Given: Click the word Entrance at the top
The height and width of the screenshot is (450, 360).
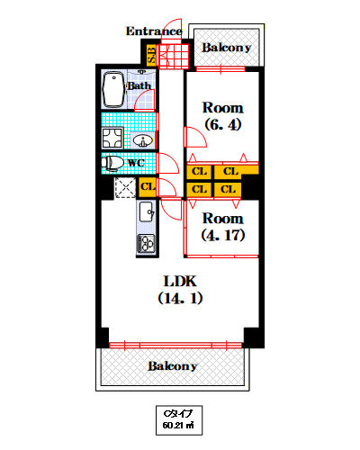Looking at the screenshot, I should click(155, 31).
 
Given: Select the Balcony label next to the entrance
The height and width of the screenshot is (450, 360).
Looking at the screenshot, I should click(225, 47).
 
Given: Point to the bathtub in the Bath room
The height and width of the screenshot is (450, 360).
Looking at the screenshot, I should click(113, 89).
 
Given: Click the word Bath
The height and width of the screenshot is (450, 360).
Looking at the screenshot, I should click(139, 85).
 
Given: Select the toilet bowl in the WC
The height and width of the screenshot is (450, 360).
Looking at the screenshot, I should click(112, 164).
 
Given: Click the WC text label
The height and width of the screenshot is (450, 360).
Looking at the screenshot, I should click(135, 164).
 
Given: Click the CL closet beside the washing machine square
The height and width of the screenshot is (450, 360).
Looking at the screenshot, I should click(148, 186).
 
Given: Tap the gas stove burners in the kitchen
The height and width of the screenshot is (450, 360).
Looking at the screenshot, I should click(146, 244).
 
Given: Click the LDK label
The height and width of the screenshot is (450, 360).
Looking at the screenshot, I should click(179, 280).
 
